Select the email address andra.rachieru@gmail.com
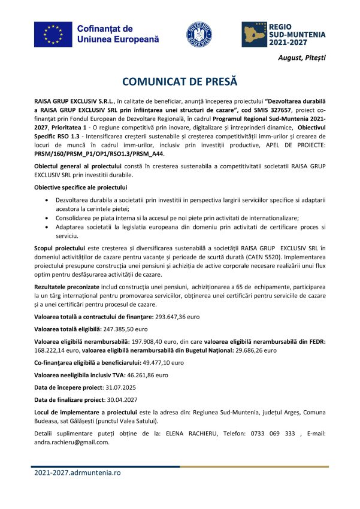(x=72, y=443)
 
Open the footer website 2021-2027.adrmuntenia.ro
(x=77, y=472)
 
